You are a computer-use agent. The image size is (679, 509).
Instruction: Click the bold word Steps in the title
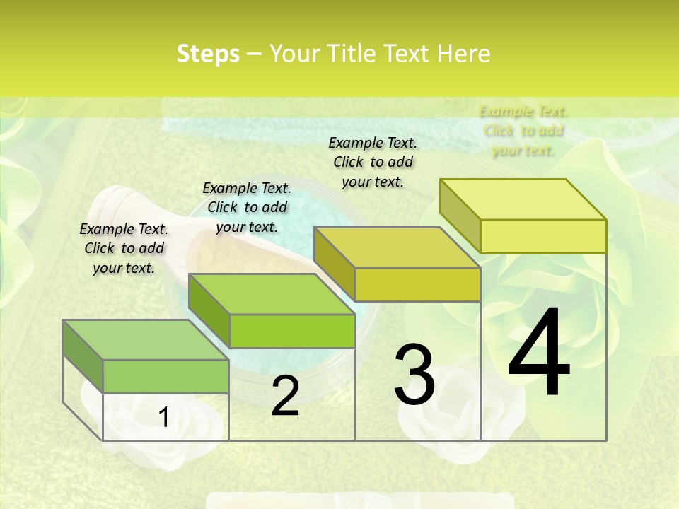(208, 54)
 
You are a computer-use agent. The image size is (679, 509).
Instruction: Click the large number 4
(539, 353)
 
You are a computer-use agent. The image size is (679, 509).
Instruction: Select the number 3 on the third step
(414, 375)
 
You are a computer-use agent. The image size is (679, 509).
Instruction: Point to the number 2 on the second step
(285, 397)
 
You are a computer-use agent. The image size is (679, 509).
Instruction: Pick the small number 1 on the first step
(164, 418)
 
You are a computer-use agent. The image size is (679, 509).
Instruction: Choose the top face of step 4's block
(523, 199)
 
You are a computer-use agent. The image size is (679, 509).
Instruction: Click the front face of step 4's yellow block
(543, 236)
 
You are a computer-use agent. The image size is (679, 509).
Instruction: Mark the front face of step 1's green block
(166, 376)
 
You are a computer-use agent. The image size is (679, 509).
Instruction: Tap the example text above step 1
(124, 248)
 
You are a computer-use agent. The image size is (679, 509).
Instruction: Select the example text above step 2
(247, 207)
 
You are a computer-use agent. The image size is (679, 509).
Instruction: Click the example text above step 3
(373, 162)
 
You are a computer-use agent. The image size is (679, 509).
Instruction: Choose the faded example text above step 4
(523, 131)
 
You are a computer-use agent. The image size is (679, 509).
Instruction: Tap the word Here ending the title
(465, 54)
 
